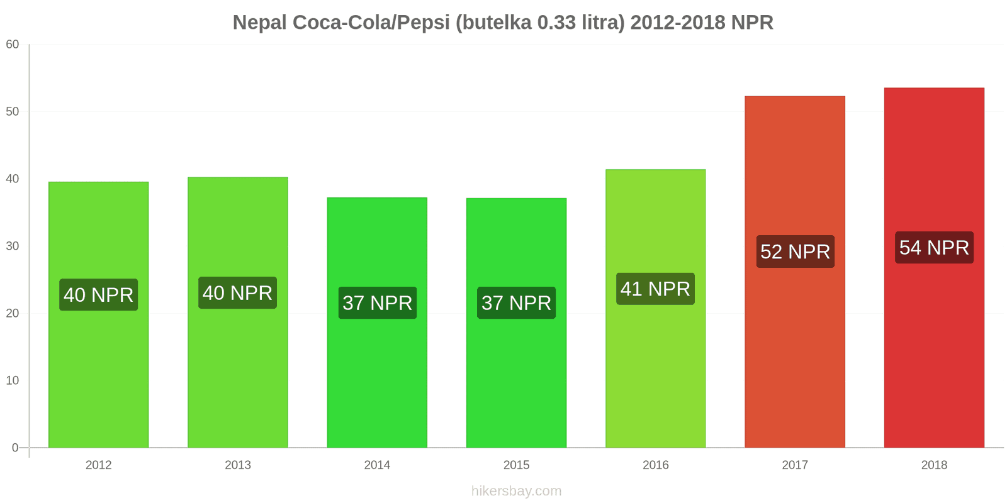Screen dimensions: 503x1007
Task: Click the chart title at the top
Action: [x=503, y=23]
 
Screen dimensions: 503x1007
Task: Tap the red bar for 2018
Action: [x=934, y=352]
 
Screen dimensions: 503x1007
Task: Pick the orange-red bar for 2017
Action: [x=795, y=352]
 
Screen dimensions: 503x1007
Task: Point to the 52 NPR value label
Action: [x=795, y=251]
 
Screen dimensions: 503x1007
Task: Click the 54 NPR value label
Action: [x=934, y=248]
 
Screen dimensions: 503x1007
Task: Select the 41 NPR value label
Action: [x=655, y=289]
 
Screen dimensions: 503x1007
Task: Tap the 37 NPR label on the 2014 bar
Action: [x=377, y=303]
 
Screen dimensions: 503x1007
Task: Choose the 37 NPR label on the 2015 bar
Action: [x=516, y=303]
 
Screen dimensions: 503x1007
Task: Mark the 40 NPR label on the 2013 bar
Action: [x=237, y=293]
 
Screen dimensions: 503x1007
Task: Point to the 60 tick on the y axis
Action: [x=13, y=45]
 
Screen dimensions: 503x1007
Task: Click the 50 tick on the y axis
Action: [x=13, y=112]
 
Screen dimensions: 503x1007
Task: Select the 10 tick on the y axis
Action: [x=13, y=380]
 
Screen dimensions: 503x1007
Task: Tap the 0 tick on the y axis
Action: [x=15, y=448]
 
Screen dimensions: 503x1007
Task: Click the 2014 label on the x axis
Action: [x=377, y=465]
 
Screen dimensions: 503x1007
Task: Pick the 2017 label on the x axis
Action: [x=795, y=465]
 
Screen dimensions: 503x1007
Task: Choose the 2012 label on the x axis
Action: [x=99, y=465]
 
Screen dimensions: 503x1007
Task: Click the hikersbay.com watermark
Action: [x=516, y=491]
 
